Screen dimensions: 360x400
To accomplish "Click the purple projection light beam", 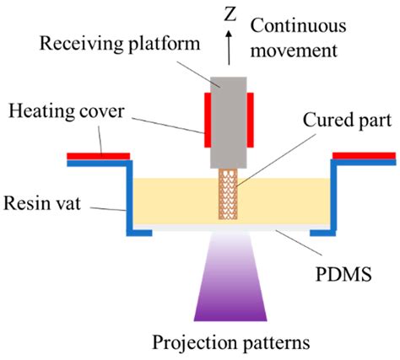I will [x=229, y=287].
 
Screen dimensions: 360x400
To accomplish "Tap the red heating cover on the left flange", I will [x=100, y=154].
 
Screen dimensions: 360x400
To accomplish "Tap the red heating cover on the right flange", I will [x=364, y=154].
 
